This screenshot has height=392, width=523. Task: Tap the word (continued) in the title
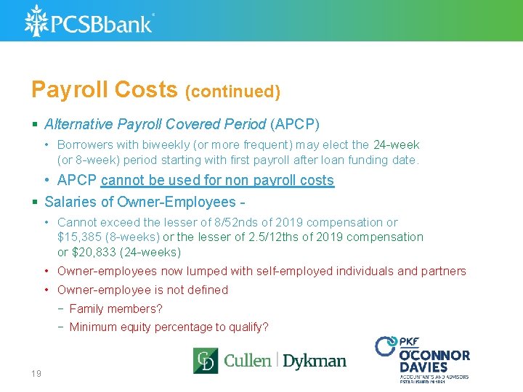(x=232, y=91)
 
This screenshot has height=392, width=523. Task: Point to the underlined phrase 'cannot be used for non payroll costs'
(x=217, y=180)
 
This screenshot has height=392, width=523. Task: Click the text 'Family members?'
(x=116, y=309)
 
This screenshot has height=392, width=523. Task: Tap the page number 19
(x=36, y=373)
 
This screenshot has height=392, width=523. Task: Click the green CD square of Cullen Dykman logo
(x=205, y=361)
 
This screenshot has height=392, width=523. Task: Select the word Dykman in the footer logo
(x=314, y=361)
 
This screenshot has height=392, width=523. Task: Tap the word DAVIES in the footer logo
(x=424, y=367)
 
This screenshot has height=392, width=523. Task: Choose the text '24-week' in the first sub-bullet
(x=396, y=145)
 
